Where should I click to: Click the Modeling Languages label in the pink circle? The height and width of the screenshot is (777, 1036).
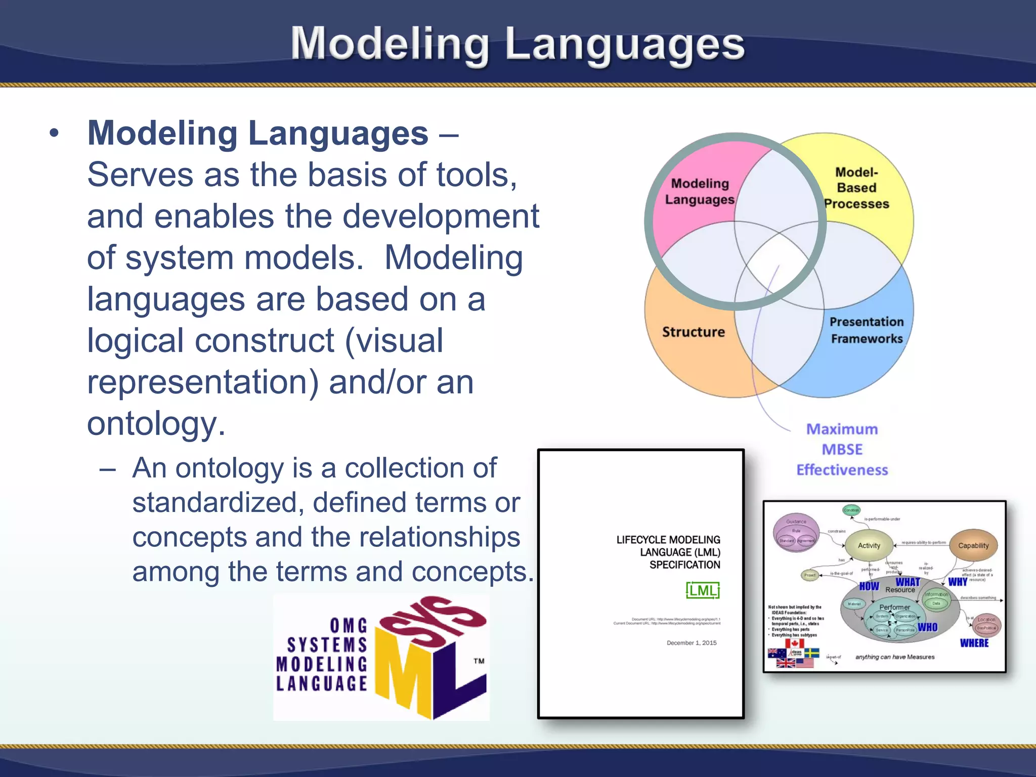(699, 191)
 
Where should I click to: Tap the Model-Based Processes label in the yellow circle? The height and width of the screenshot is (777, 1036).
(856, 188)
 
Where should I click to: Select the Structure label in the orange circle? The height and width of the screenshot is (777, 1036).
(693, 332)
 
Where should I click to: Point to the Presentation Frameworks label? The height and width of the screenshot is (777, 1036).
(867, 330)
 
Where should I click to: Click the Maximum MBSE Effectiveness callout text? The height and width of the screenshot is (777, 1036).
(842, 449)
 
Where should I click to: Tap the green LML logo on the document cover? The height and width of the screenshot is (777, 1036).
(703, 590)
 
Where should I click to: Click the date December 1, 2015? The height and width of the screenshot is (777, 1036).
(692, 643)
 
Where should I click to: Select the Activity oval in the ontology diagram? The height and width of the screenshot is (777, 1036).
(869, 545)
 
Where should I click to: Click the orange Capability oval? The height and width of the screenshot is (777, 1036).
(973, 545)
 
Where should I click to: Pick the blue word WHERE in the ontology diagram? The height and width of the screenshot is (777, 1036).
(974, 643)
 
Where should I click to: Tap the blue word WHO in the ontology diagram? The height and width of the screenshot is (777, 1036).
(927, 627)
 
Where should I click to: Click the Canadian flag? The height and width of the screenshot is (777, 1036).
(794, 643)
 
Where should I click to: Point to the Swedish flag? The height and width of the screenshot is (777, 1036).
(811, 653)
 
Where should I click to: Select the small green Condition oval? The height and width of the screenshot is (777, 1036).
(851, 510)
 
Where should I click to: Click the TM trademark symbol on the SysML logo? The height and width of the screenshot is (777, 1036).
(479, 661)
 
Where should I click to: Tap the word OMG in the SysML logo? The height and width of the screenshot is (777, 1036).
(349, 626)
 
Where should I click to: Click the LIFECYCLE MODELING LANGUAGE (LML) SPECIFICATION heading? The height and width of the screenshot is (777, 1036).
(668, 552)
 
